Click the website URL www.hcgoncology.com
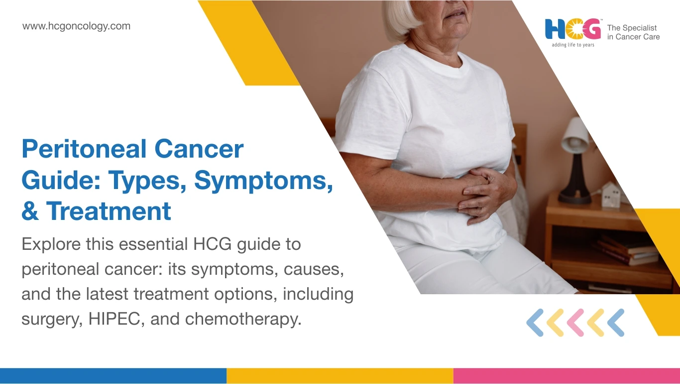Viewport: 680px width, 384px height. click(x=76, y=26)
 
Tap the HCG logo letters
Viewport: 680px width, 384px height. click(x=572, y=29)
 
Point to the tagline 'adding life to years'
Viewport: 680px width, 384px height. click(x=572, y=45)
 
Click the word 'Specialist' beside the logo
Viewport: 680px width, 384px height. click(x=639, y=28)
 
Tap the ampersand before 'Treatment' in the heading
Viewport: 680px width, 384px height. click(x=30, y=211)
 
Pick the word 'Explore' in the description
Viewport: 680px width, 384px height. click(x=50, y=245)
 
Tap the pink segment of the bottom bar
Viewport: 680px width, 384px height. click(x=567, y=376)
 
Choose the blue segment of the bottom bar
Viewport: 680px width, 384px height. click(x=113, y=376)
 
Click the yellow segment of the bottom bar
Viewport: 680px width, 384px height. click(x=340, y=376)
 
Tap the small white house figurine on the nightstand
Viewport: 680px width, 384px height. click(x=611, y=194)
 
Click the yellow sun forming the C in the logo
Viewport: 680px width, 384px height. click(x=573, y=29)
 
